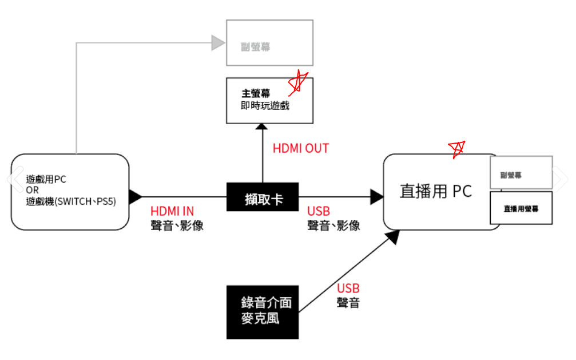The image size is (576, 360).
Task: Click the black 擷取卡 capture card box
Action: (x=263, y=197)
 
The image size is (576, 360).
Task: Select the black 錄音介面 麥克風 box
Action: (x=263, y=312)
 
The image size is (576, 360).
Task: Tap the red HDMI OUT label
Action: (x=300, y=148)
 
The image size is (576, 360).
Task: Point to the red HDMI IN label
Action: (x=172, y=211)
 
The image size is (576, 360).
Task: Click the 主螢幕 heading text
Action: (x=256, y=93)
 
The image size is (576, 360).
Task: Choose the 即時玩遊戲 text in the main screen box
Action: (x=265, y=106)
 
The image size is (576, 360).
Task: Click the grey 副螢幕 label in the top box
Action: (x=255, y=47)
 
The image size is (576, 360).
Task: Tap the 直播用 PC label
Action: (x=435, y=191)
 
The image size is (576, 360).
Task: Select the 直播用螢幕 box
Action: (x=521, y=208)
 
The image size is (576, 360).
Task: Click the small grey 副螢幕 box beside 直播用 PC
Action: (x=521, y=172)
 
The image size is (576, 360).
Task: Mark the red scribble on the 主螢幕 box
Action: (x=298, y=82)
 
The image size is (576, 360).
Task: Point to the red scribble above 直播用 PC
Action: (x=456, y=149)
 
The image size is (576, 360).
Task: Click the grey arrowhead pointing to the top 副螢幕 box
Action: (x=218, y=43)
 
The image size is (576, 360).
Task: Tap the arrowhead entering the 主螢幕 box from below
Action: (x=261, y=126)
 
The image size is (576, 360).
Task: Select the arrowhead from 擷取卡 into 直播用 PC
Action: (x=377, y=197)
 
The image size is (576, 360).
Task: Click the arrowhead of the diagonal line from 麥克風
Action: (x=393, y=237)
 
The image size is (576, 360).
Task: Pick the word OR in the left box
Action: (x=33, y=190)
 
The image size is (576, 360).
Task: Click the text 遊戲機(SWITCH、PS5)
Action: (x=71, y=201)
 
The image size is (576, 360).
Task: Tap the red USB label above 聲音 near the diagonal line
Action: (x=348, y=288)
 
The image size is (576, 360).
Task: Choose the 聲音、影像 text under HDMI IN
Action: (x=177, y=226)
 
